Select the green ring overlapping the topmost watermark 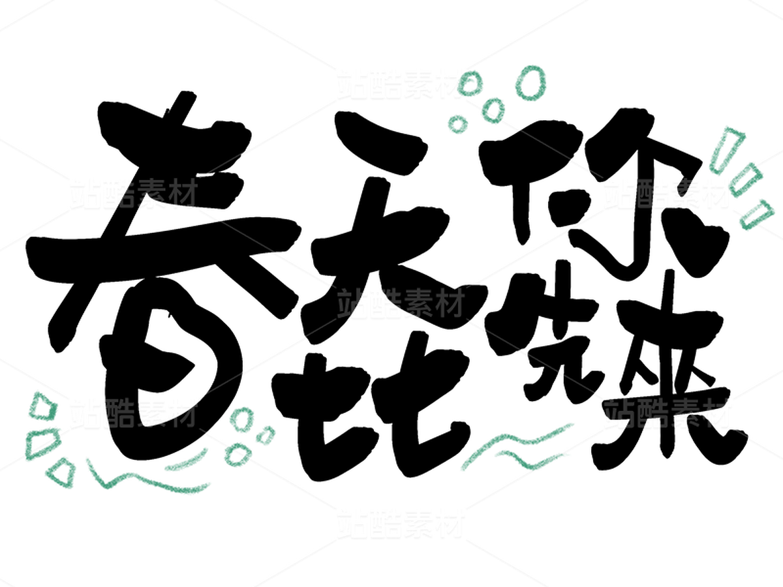[475, 85]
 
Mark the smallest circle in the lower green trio [266, 434]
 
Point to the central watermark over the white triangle [399, 303]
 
